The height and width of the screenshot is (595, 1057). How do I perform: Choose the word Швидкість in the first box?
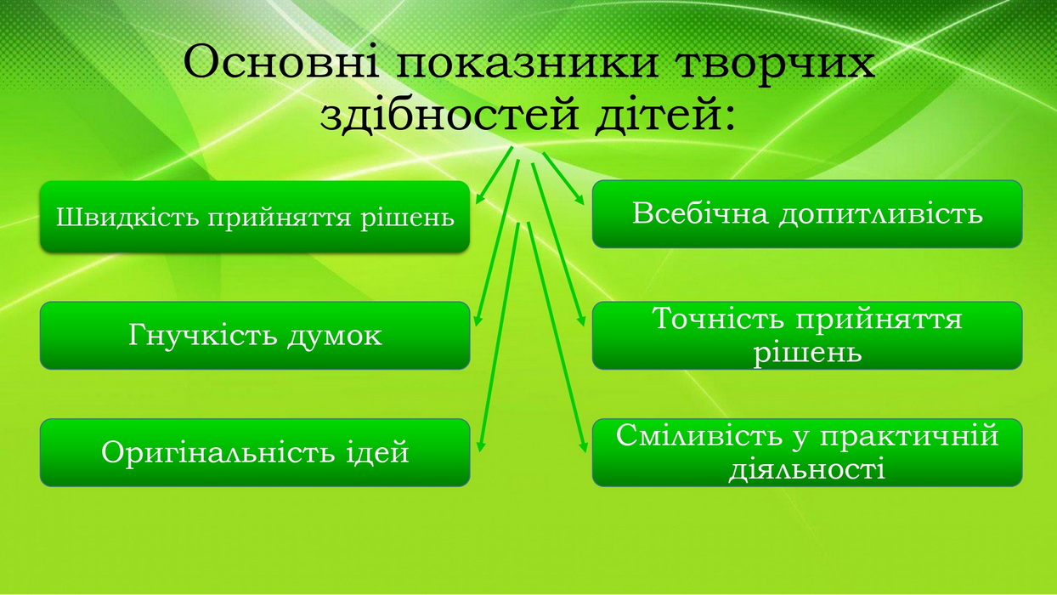pyautogui.click(x=127, y=218)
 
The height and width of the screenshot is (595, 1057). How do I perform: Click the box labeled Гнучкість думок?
pyautogui.click(x=255, y=335)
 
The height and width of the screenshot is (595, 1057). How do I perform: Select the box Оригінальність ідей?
pyautogui.click(x=255, y=452)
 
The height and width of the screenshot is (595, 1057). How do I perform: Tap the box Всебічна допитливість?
pyautogui.click(x=807, y=214)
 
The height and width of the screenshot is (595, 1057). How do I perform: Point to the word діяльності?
pyautogui.click(x=807, y=470)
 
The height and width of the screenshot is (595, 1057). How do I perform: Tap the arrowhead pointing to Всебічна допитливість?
pyautogui.click(x=579, y=200)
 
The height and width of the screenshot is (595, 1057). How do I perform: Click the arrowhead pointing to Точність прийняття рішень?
pyautogui.click(x=581, y=320)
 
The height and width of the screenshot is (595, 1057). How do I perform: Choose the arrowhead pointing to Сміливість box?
pyautogui.click(x=583, y=446)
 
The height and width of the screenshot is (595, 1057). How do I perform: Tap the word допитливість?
pyautogui.click(x=880, y=215)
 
